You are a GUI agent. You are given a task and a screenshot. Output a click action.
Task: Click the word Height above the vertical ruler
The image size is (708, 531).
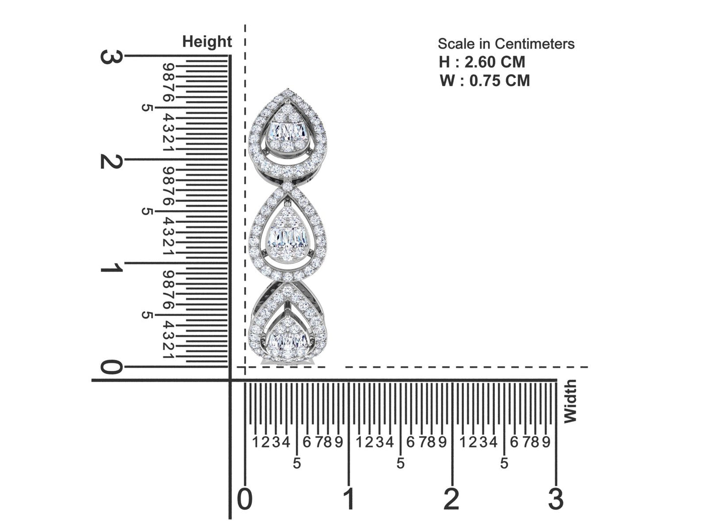point(207,42)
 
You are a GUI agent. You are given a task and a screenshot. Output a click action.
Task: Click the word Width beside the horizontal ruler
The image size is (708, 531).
point(570,401)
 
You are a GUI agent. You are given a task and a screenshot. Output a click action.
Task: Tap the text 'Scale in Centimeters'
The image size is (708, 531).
point(506,44)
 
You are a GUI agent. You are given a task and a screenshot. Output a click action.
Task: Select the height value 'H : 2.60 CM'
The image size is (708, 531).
point(482,62)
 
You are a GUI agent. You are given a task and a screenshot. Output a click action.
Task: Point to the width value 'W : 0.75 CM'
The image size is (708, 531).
point(485,80)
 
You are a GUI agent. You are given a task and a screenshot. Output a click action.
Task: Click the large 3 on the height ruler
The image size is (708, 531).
point(111,56)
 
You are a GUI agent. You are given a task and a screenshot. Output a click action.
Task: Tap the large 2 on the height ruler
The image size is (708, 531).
point(111,161)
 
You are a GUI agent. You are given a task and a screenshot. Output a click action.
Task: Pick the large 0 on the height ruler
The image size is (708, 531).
point(111,367)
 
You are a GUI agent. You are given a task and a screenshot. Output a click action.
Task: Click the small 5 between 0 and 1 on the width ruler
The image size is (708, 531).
point(296,463)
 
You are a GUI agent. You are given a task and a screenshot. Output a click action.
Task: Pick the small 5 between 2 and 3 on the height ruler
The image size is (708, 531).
point(146,108)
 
